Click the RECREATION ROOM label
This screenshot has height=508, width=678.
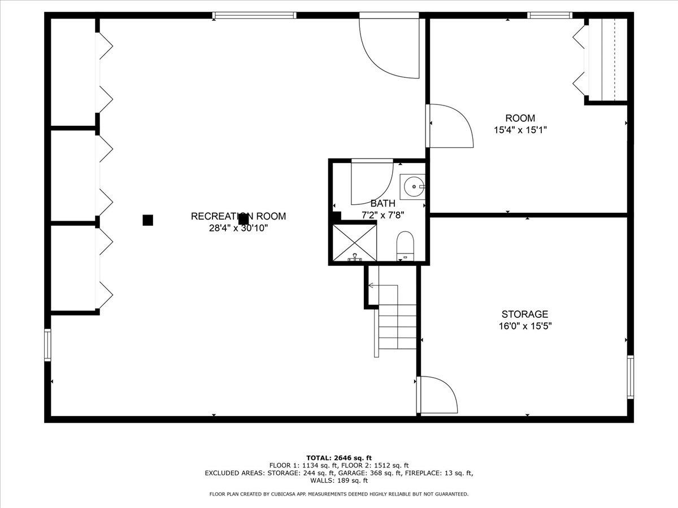point(238,216)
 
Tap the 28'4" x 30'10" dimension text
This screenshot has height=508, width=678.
point(238,228)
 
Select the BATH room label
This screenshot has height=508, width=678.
point(383,203)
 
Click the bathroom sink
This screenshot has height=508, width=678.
point(414,186)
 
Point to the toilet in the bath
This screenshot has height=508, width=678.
point(405,246)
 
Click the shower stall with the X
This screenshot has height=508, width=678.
point(354,242)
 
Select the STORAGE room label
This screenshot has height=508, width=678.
point(525,314)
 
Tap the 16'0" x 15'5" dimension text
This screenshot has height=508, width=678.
point(525,326)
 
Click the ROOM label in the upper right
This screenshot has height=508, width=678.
point(520,119)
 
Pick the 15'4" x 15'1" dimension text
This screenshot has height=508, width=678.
point(520,130)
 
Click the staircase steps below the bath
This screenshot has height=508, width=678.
point(398,327)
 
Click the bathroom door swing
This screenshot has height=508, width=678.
point(372,182)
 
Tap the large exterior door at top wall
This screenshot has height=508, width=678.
point(390,48)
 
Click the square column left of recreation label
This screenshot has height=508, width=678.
point(147,220)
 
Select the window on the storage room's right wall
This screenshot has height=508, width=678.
point(630,376)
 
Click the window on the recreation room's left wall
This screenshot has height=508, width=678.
point(48,345)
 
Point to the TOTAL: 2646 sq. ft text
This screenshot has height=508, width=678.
point(339,458)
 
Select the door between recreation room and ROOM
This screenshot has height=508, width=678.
point(449,126)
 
